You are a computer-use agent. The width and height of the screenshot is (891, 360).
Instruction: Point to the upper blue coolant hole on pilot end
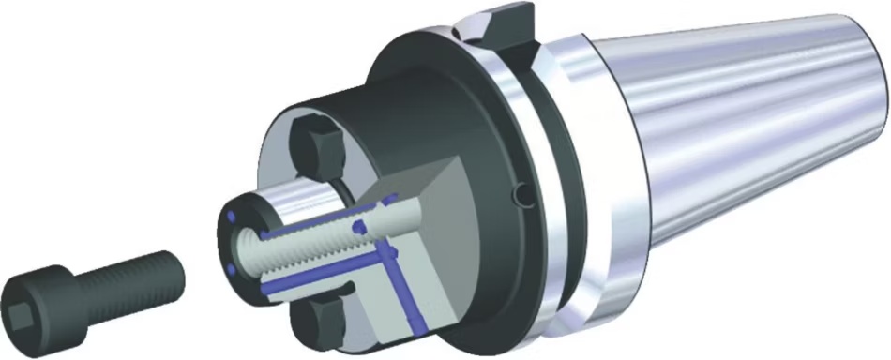[228, 219]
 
